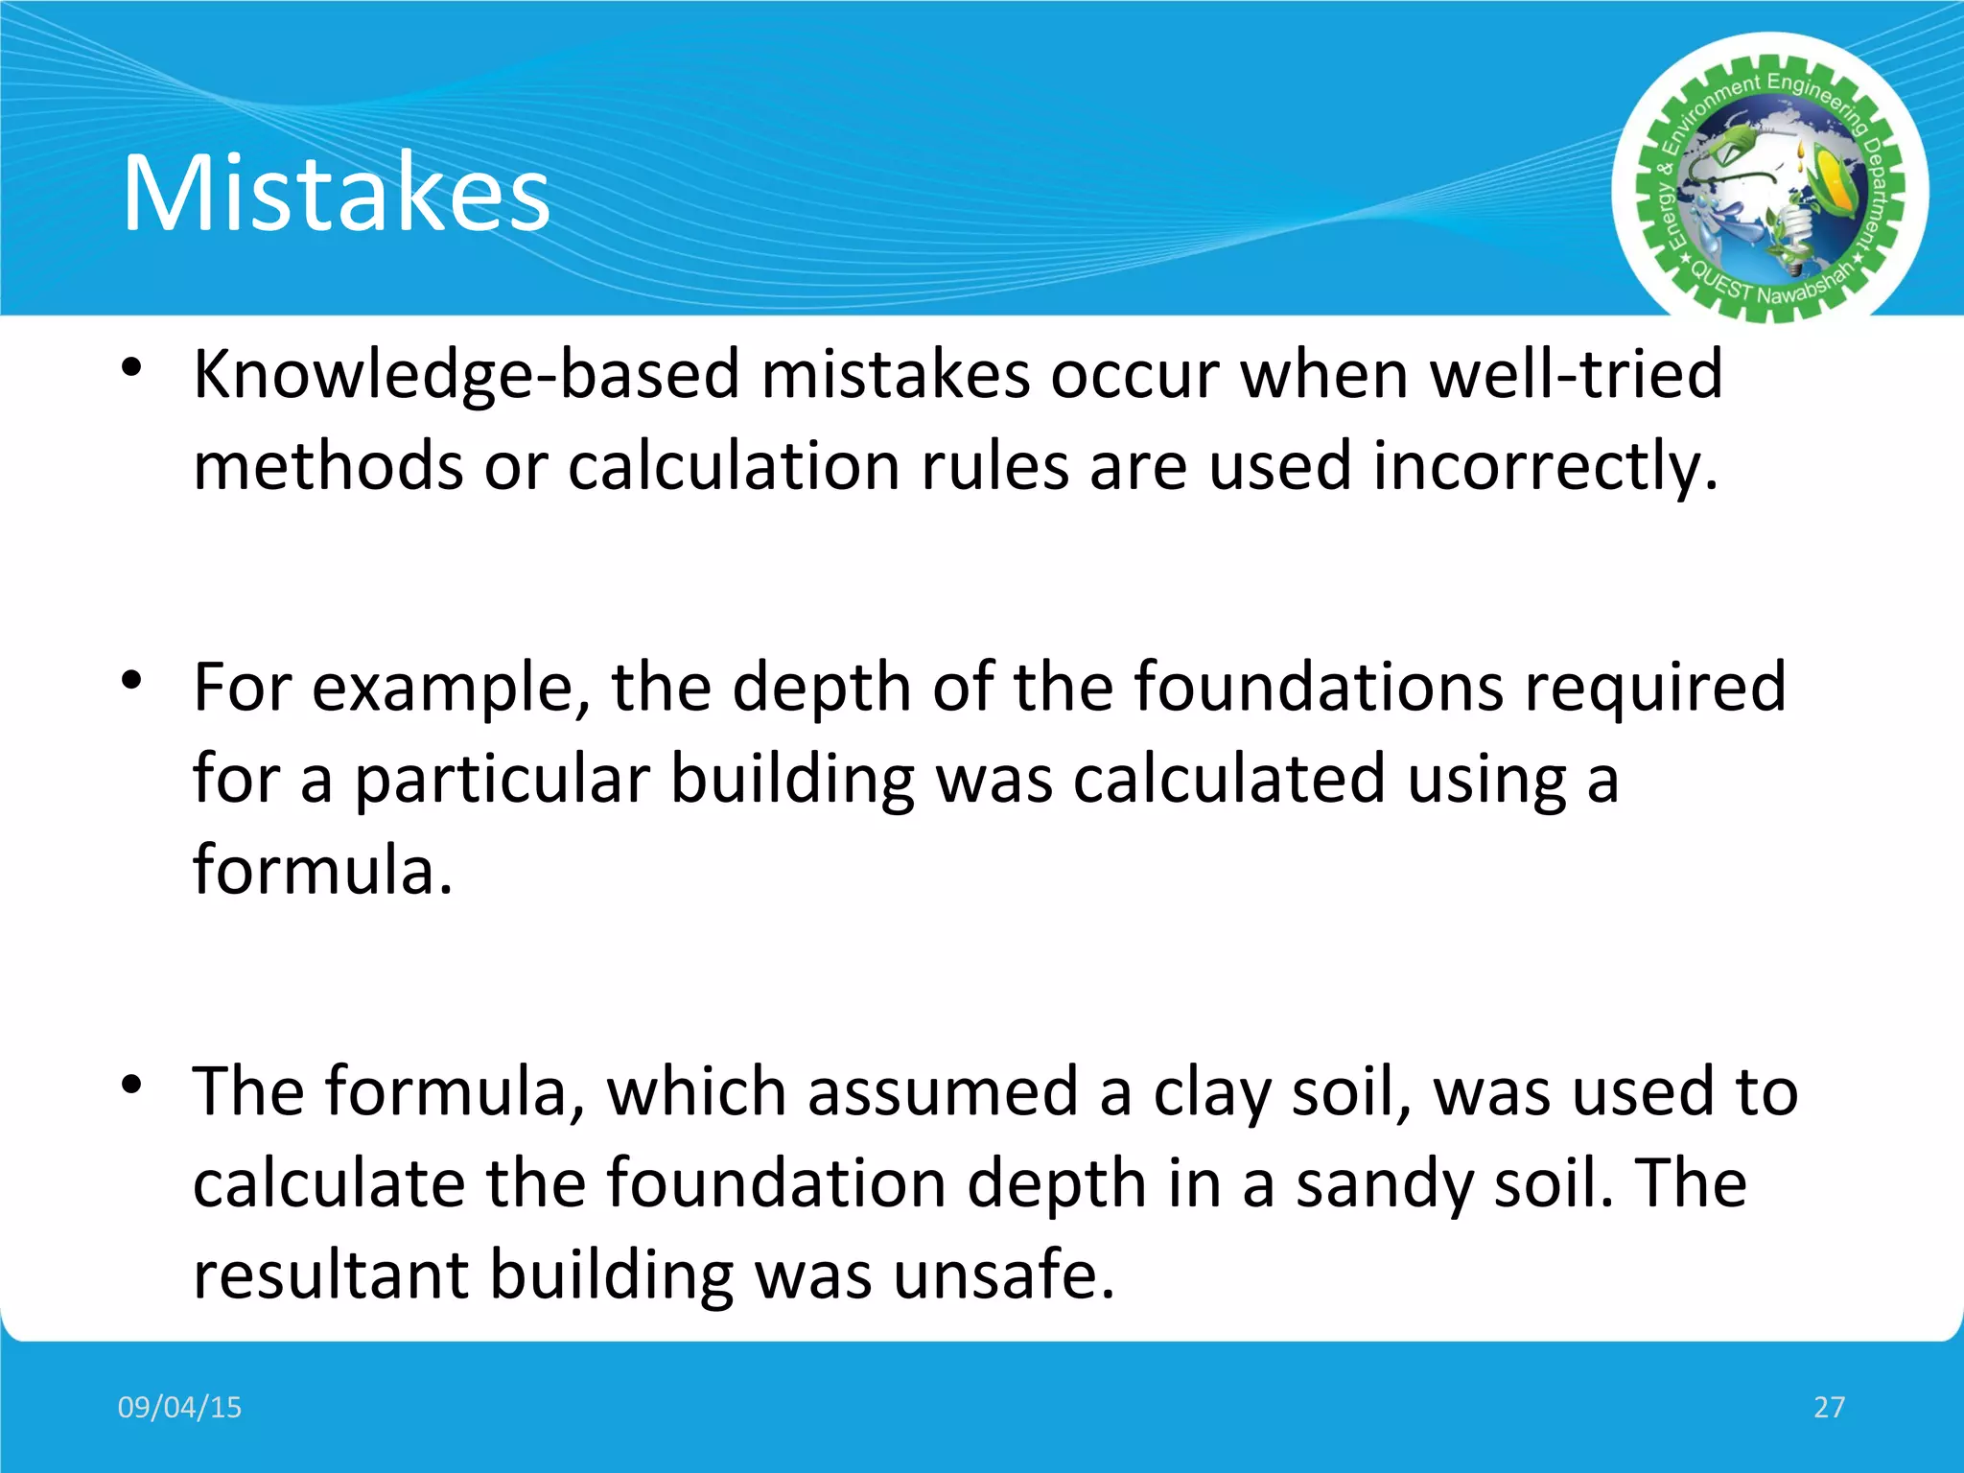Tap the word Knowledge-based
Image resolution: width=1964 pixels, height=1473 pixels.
click(x=466, y=374)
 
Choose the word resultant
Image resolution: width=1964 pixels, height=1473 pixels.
click(x=331, y=1275)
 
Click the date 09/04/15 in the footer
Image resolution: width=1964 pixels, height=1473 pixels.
click(x=179, y=1407)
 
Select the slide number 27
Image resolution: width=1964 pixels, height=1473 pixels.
click(x=1829, y=1407)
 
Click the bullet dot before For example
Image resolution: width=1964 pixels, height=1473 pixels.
click(x=132, y=681)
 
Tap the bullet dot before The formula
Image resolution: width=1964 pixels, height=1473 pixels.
click(x=132, y=1086)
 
